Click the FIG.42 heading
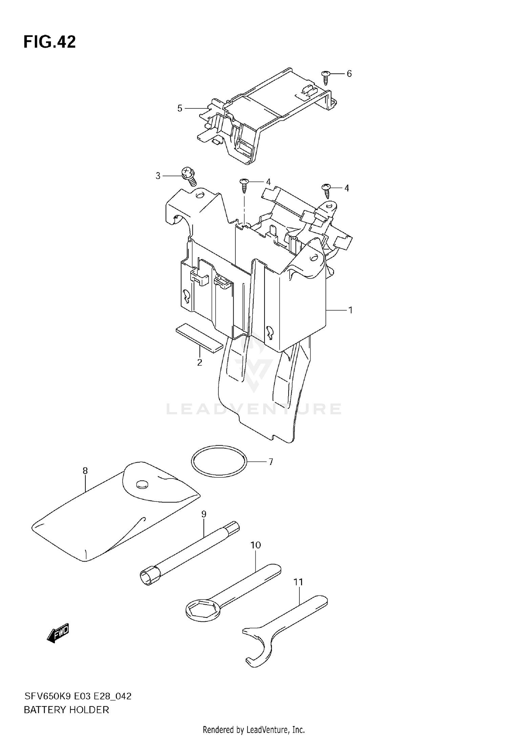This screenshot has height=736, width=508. point(49,42)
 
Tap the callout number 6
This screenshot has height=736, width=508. point(349,74)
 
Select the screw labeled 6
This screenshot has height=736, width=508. point(326,77)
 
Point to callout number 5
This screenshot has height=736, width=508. point(180,108)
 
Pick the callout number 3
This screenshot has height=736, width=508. point(158,176)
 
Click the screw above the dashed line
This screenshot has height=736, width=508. point(244,184)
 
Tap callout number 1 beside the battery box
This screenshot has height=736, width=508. point(351,310)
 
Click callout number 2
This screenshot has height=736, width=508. point(199,363)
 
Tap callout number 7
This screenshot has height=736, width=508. point(271,462)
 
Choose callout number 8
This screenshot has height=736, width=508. point(85,471)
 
